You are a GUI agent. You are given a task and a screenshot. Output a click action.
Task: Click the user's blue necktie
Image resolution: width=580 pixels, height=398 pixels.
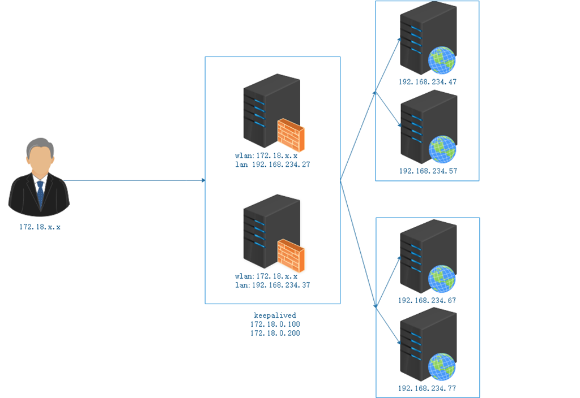tap(40, 193)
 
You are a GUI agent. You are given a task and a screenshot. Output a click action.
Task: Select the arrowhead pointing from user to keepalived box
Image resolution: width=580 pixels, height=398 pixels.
tap(202, 180)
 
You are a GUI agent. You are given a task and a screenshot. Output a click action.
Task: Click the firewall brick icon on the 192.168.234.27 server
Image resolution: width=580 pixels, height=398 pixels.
tap(291, 135)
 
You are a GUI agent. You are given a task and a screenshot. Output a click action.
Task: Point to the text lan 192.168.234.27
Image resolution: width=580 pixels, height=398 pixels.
tap(272, 165)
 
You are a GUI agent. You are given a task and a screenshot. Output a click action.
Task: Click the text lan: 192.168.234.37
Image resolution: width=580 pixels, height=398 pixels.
tap(272, 285)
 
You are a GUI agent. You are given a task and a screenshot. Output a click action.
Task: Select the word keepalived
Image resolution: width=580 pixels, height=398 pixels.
tap(275, 315)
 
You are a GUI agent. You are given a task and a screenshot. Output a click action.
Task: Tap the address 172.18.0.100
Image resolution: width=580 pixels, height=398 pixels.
tap(275, 324)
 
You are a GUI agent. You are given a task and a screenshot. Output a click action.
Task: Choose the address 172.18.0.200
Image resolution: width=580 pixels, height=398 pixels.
tap(275, 333)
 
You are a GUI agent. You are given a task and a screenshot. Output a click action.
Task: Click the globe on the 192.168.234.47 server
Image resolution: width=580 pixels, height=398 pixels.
tap(442, 60)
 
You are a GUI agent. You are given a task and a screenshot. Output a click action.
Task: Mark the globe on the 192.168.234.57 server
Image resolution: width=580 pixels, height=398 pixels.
tap(442, 149)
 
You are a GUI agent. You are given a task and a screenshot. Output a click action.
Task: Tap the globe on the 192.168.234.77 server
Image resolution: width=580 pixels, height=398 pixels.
tap(442, 367)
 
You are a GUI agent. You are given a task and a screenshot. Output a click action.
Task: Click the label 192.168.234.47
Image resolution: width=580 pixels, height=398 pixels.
tap(427, 81)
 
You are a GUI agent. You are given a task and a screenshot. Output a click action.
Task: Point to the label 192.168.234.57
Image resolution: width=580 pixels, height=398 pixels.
tap(427, 170)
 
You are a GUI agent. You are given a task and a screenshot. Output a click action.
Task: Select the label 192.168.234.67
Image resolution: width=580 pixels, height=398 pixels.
tap(427, 300)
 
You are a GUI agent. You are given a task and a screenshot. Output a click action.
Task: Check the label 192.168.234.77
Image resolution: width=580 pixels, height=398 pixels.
tap(427, 388)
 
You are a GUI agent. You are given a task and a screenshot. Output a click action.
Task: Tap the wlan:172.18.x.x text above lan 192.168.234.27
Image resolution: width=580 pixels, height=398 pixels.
tap(266, 155)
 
